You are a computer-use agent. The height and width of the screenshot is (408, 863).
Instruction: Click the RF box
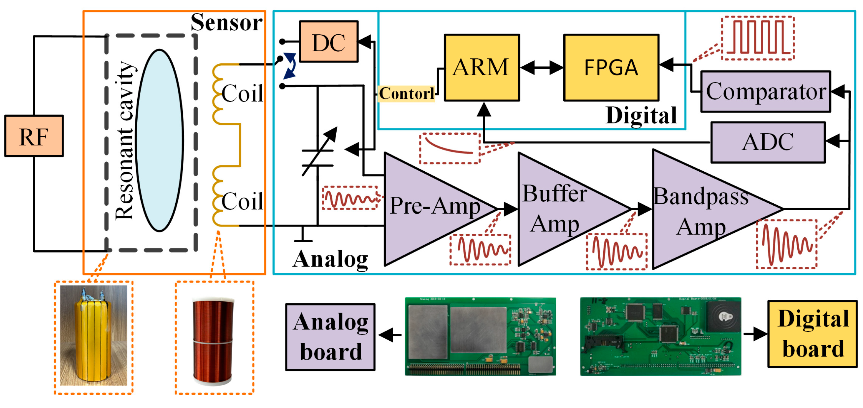point(34,136)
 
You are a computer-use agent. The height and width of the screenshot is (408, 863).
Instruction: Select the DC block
point(328,42)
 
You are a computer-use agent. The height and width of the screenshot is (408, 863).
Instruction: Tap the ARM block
point(481,67)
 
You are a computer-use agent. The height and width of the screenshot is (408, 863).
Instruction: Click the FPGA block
point(611,67)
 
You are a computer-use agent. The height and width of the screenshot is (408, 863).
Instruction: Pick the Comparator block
point(766,91)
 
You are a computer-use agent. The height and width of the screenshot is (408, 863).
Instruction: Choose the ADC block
point(768,142)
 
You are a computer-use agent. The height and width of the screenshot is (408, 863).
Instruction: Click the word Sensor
point(226,22)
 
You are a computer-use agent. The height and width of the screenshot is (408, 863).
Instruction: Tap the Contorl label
point(406,93)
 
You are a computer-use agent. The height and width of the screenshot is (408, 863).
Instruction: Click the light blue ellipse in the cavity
point(159,141)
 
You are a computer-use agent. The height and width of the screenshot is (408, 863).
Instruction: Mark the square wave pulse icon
point(757,38)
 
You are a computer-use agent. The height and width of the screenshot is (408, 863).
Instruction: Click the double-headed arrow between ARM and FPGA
point(542,68)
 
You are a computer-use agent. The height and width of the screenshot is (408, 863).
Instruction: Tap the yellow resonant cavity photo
point(93,335)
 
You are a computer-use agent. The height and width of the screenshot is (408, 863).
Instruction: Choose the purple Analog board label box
point(330,337)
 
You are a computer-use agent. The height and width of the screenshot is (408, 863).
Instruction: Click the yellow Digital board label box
point(812,334)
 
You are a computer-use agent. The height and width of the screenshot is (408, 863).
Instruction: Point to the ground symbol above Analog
point(303,236)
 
